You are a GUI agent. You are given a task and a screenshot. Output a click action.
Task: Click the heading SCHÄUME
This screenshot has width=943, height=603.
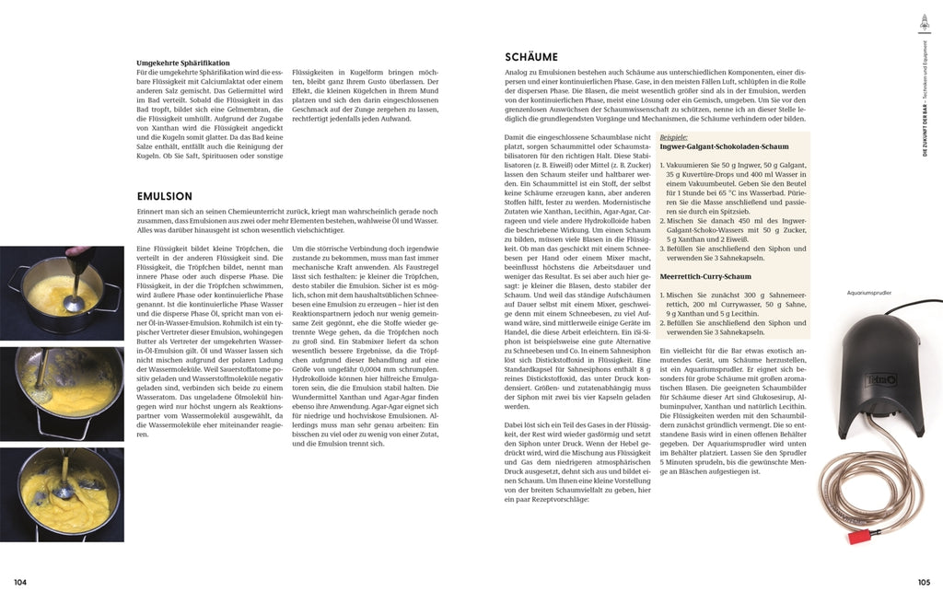[x=531, y=57]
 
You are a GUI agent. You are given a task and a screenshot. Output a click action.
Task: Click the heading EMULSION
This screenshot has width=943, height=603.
[x=164, y=196]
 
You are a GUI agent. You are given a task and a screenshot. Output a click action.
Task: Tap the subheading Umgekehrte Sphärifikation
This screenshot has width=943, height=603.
[x=182, y=63]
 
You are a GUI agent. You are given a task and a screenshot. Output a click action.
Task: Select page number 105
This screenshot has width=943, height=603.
[x=924, y=582]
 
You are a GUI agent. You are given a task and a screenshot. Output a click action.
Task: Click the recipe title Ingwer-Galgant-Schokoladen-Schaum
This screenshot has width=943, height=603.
[x=724, y=146]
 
